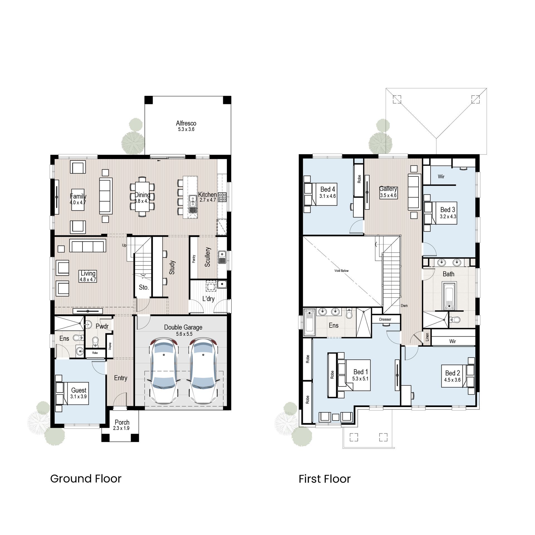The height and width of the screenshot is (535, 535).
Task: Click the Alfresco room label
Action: (x=186, y=123)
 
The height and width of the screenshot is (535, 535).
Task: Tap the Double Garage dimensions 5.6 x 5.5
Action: (x=184, y=334)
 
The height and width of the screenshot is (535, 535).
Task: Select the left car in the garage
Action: (x=164, y=371)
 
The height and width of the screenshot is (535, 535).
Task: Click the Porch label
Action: (x=122, y=422)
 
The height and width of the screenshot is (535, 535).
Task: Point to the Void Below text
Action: (x=341, y=271)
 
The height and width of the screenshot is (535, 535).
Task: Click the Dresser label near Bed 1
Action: (x=385, y=319)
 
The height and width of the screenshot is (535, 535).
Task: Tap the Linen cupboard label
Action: (x=427, y=337)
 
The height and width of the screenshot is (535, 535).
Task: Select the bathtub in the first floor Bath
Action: (x=449, y=296)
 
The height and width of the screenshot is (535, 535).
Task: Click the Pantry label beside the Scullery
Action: (x=194, y=259)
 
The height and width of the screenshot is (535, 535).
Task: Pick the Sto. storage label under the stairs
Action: (x=144, y=287)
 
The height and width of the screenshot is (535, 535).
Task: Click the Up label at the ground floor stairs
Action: (x=124, y=245)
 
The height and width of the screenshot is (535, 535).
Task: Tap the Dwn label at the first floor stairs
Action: (x=404, y=306)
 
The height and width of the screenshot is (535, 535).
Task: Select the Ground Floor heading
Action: (x=86, y=479)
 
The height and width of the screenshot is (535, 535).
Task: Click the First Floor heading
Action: (x=324, y=479)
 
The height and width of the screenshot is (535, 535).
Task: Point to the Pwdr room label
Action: (x=102, y=326)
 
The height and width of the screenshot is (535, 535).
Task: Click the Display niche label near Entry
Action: (x=110, y=346)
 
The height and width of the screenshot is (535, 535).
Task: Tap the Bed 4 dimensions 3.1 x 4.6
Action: (x=327, y=196)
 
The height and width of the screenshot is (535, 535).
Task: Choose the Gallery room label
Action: (x=388, y=189)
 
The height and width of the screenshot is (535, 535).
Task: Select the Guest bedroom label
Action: (x=79, y=390)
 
